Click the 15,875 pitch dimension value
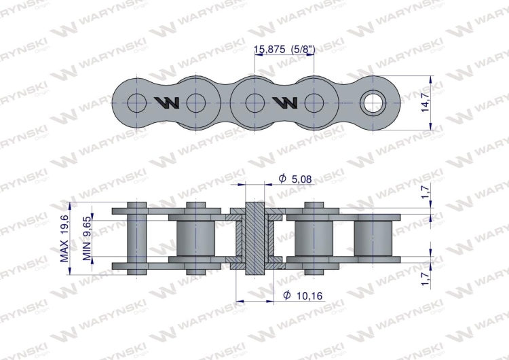click(x=269, y=50)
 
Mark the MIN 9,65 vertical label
click(x=86, y=238)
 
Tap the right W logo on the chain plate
click(x=284, y=103)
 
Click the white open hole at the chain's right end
click(x=372, y=103)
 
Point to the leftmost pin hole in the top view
click(x=136, y=103)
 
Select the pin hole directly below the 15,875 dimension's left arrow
click(x=254, y=103)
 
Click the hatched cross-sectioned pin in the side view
click(x=254, y=238)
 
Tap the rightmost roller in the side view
click(x=373, y=238)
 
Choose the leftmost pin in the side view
click(x=137, y=238)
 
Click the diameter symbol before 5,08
click(x=282, y=179)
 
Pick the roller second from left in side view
click(x=195, y=238)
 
